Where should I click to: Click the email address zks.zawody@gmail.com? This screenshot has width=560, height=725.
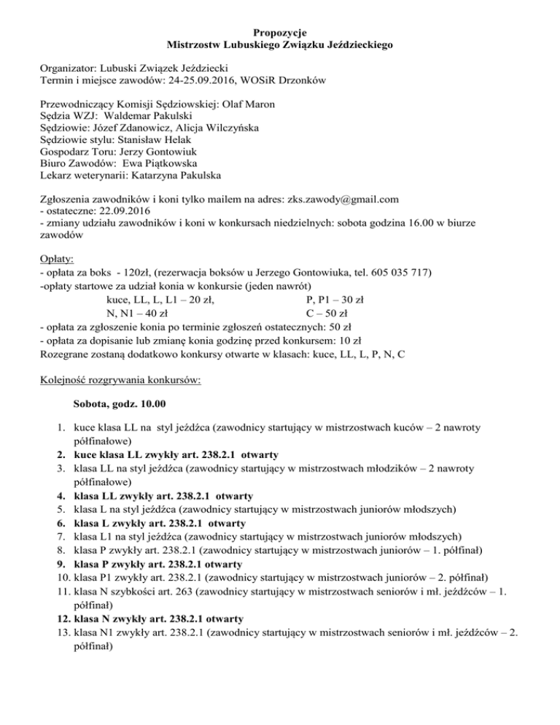point(344,199)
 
